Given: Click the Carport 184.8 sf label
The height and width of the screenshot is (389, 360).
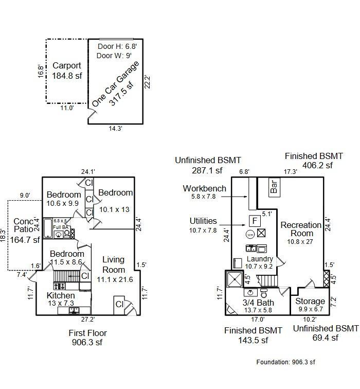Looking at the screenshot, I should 66,70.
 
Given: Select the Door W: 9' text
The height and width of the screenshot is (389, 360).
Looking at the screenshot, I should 115,55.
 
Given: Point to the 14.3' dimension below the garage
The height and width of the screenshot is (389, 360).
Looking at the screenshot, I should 115,129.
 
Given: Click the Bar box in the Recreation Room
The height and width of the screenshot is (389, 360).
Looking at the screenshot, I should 274,186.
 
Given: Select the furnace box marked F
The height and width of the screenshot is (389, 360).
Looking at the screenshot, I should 254,221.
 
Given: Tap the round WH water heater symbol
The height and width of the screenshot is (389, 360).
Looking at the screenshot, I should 250,234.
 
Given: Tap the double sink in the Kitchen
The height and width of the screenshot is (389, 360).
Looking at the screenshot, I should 75,310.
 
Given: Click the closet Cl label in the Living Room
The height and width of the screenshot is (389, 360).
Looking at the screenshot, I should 119,304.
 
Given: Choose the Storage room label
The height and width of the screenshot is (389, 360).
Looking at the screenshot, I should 310,301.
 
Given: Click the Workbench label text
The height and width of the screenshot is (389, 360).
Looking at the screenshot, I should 204,188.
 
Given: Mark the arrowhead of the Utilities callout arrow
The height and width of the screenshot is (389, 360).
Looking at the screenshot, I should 247,224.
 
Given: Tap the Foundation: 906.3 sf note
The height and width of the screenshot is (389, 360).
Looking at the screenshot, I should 285,362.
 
